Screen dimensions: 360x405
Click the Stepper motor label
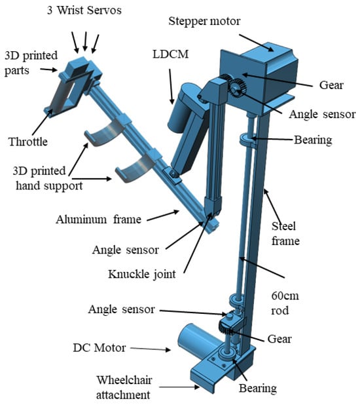(x=204, y=22)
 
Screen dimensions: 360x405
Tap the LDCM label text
(x=171, y=54)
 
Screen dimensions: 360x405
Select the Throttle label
(x=28, y=142)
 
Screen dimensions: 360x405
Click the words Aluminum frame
(x=99, y=220)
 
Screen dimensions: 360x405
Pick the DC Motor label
(x=99, y=348)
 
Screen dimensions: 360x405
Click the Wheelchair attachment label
(x=124, y=387)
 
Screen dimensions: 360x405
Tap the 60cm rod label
(x=285, y=303)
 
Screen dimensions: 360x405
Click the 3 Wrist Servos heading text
(x=84, y=10)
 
